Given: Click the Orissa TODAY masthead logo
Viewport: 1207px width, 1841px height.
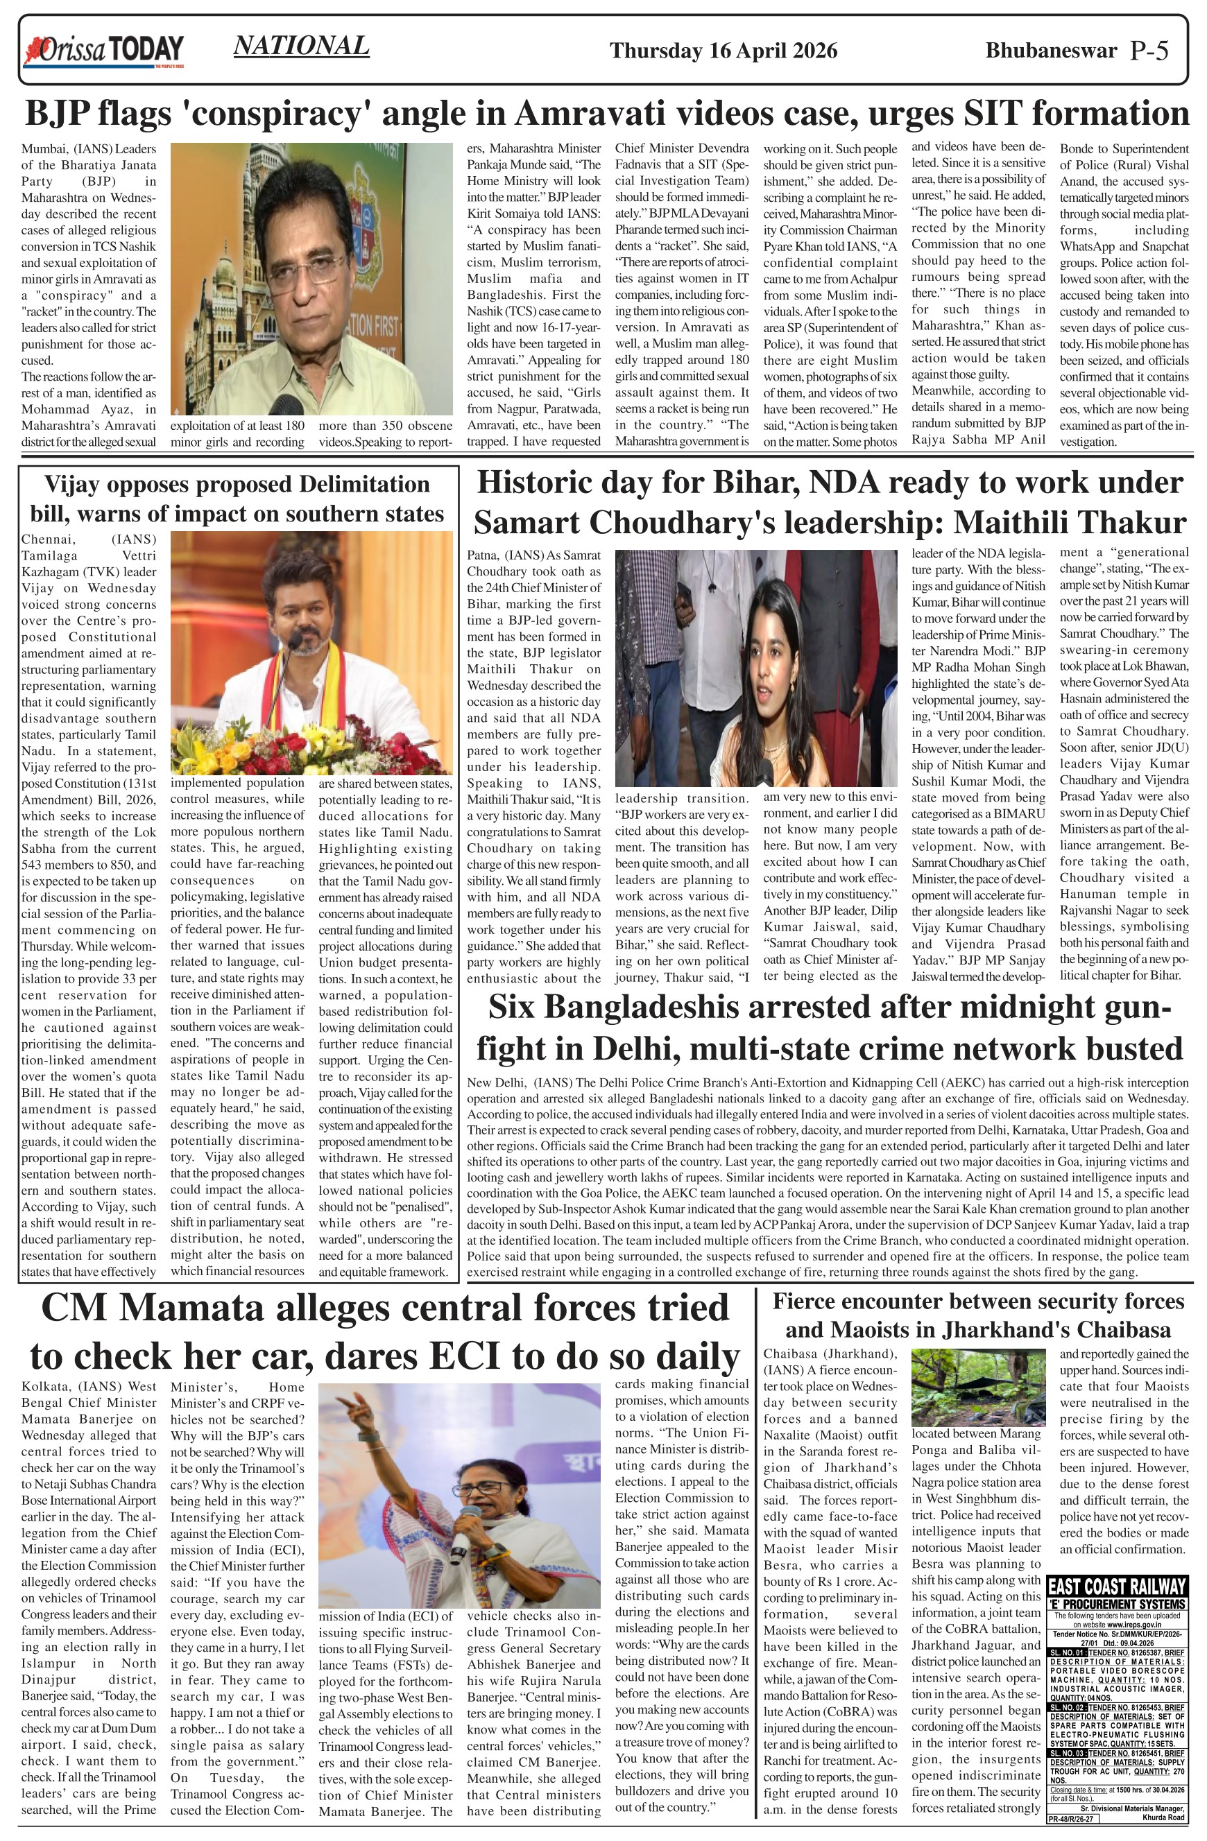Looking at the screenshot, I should coord(105,51).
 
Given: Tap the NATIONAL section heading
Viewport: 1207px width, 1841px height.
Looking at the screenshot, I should coord(301,46).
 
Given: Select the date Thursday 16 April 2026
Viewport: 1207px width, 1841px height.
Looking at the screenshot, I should coord(723,51).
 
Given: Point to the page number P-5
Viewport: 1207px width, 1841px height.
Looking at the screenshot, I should coord(1149,51).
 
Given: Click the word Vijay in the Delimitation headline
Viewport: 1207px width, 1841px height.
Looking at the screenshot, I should coord(73,484).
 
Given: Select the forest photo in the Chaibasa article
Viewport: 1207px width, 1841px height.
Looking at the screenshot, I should coord(978,1388).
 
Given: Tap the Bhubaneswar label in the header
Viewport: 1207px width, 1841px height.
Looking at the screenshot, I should coord(1051,51).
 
